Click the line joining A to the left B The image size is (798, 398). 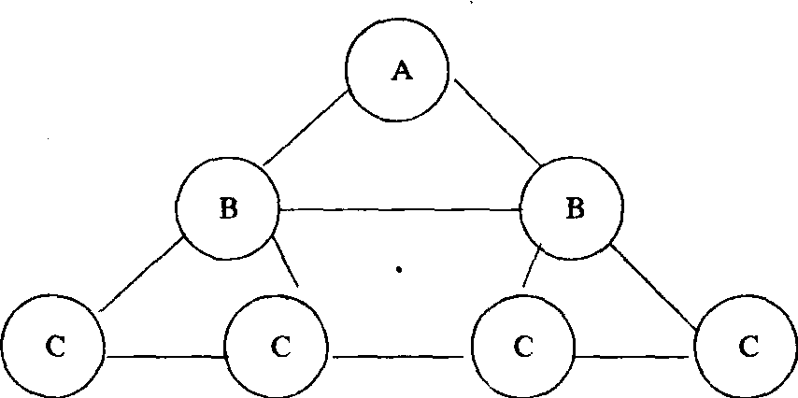306,129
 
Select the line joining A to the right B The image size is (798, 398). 497,127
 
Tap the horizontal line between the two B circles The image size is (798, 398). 400,209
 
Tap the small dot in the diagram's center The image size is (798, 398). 399,271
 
